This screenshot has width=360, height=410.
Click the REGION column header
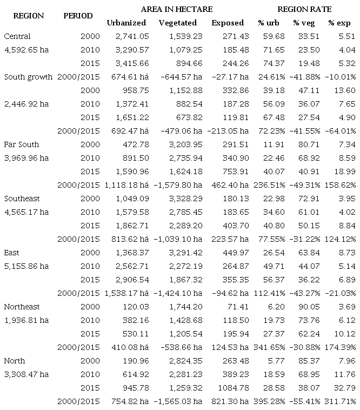click(x=28, y=16)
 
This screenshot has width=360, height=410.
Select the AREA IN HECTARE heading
click(x=176, y=9)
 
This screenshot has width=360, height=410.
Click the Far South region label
click(x=22, y=144)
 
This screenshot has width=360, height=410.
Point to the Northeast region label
click(x=22, y=307)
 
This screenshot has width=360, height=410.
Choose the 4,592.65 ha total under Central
click(x=26, y=50)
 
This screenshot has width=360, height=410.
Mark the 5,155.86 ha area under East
click(x=26, y=266)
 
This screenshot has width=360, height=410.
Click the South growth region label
click(x=28, y=77)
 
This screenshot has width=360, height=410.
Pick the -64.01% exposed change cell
click(x=340, y=131)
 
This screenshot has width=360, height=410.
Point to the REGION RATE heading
click(x=304, y=9)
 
